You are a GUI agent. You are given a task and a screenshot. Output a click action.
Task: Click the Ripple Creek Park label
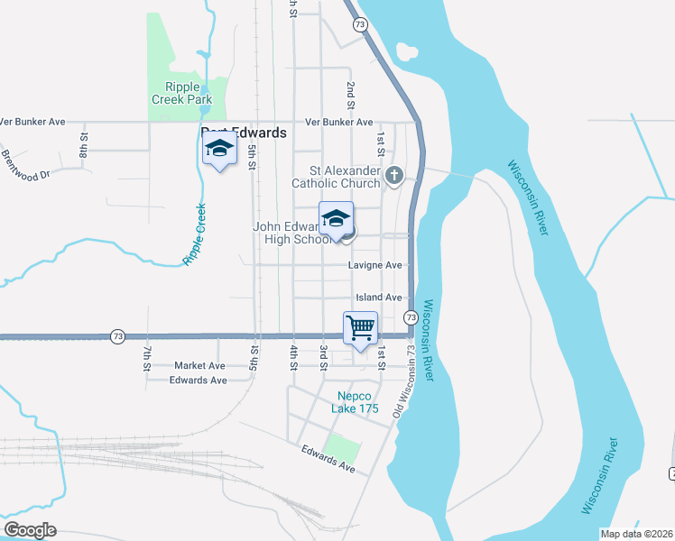pos(181,93)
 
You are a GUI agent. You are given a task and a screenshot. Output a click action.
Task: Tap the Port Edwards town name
pos(244,133)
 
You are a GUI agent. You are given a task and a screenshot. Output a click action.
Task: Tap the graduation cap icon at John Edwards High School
pos(336,219)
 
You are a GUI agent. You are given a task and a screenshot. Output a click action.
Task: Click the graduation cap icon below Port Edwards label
pos(218,150)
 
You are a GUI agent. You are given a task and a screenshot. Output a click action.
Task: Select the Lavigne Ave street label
pos(374,266)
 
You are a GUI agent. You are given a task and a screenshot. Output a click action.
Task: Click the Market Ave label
pos(199,366)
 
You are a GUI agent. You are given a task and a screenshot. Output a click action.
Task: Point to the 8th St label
pos(83,145)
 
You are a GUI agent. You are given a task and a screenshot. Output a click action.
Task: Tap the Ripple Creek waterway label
pos(195,234)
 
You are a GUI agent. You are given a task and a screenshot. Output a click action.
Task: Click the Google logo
pos(30,530)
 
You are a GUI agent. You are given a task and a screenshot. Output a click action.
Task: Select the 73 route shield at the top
pos(361,24)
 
